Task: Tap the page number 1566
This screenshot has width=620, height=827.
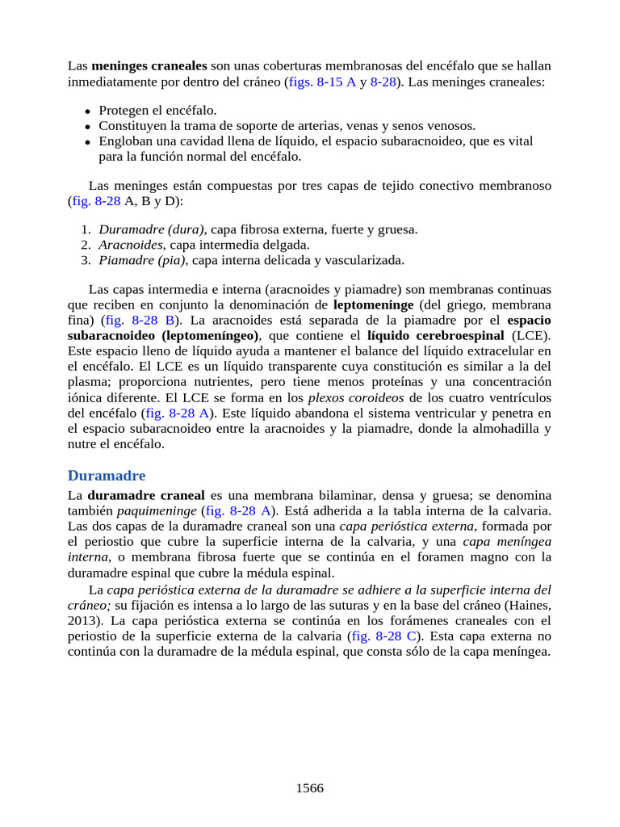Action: [310, 788]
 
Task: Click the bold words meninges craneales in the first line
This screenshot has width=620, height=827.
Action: [149, 65]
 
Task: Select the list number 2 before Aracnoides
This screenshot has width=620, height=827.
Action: [85, 245]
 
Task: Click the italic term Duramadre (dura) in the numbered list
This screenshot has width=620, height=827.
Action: [152, 229]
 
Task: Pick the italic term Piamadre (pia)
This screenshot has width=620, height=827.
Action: [143, 260]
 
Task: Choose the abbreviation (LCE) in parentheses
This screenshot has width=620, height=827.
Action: [531, 336]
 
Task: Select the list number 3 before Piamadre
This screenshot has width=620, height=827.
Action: [85, 260]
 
